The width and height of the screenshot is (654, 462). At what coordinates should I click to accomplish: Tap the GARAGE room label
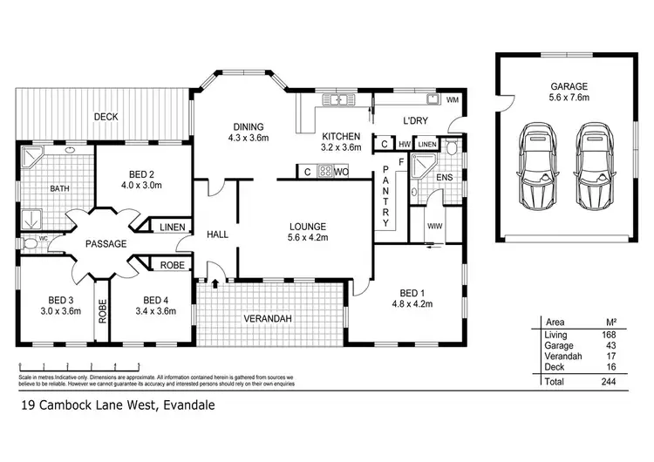click(x=569, y=86)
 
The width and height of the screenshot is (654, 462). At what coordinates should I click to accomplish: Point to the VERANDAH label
click(x=267, y=319)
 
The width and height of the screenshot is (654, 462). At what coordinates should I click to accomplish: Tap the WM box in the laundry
click(x=452, y=101)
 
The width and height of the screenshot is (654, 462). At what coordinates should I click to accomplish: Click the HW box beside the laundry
click(x=405, y=144)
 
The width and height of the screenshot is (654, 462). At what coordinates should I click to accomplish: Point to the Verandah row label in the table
click(x=561, y=357)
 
